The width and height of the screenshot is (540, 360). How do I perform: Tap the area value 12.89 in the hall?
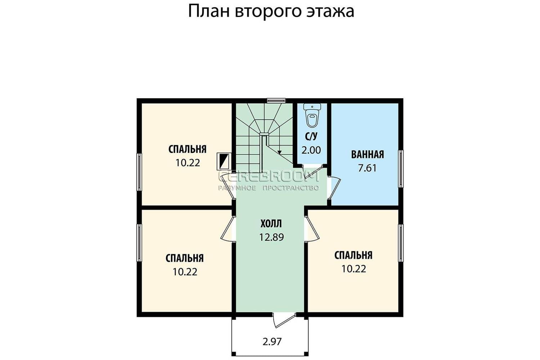271,237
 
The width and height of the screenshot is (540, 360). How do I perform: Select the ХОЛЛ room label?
271,224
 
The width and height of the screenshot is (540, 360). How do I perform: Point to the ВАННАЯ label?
368,154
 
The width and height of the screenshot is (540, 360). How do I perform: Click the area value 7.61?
367,168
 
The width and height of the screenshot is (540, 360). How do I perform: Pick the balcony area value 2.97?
272,342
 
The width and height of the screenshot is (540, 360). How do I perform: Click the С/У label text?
311,136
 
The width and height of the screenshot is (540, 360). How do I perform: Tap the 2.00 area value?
311,150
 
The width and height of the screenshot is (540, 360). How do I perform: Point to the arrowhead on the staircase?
279,152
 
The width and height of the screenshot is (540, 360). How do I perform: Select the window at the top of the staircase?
276,100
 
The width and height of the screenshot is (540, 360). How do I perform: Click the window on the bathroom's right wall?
400,169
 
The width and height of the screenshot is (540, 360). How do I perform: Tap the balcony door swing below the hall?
284,320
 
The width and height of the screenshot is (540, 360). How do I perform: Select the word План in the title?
209,12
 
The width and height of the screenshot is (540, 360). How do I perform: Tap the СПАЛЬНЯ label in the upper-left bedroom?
187,149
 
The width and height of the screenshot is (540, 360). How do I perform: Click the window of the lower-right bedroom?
400,243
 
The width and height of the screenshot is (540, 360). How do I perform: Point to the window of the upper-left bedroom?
139,172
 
